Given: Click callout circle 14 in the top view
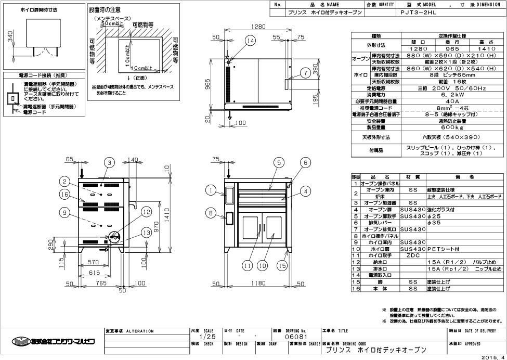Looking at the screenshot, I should [x=251, y=41].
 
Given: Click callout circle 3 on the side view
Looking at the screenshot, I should [x=109, y=163].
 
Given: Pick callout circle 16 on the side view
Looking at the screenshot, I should [x=64, y=194].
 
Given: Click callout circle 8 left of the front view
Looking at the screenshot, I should [x=210, y=213].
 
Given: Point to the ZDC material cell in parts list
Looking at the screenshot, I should [x=413, y=255].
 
